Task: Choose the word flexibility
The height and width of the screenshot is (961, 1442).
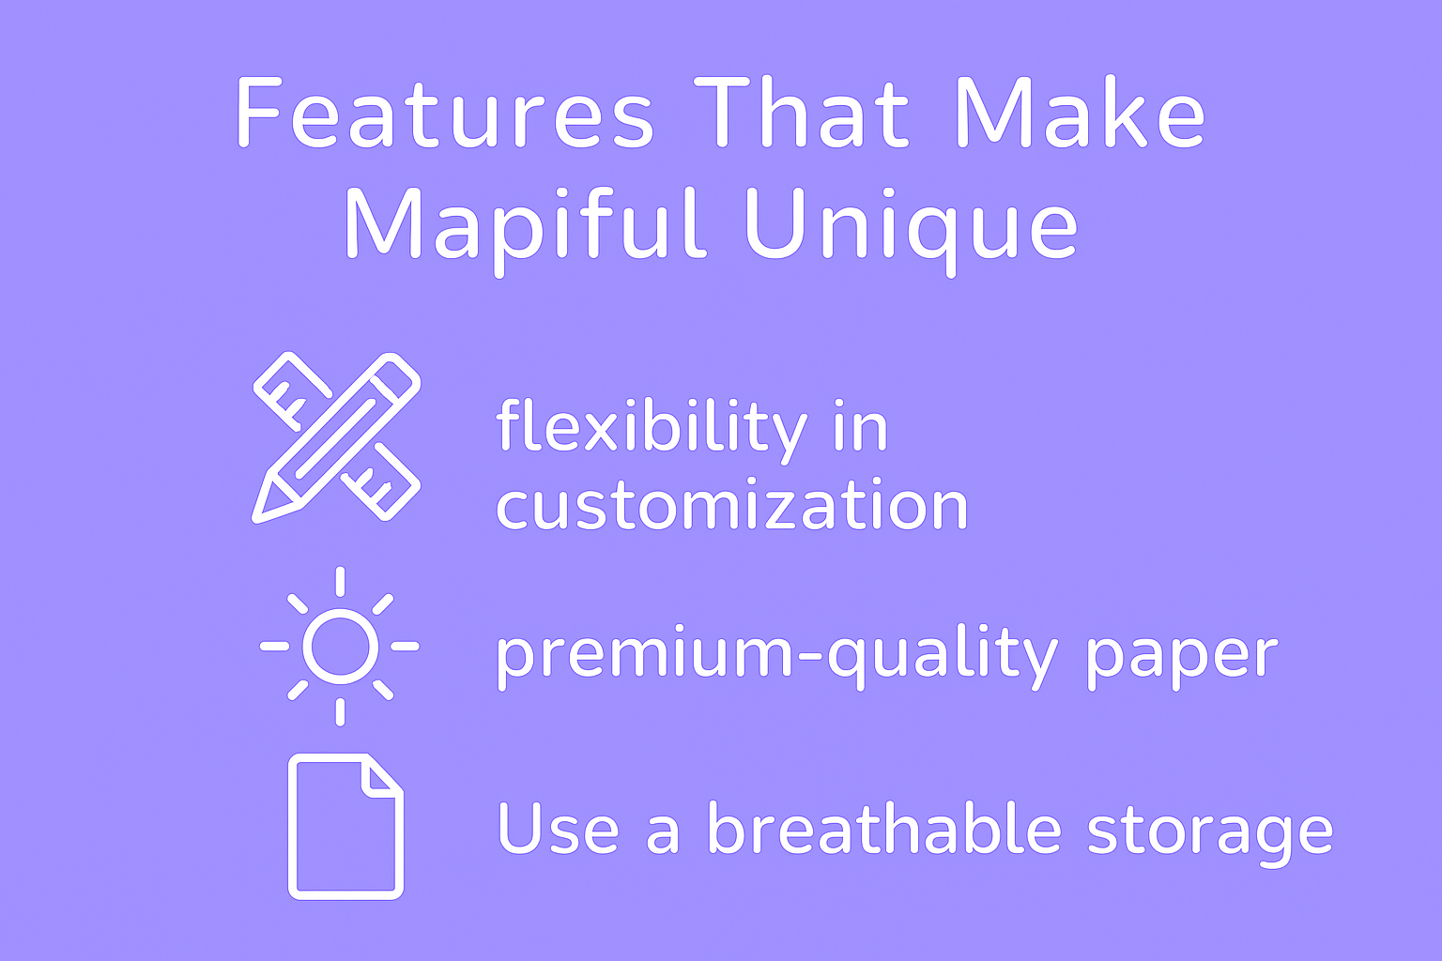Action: [652, 430]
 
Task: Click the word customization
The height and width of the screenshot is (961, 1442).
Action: [732, 505]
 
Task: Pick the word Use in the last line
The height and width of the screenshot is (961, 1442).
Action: [559, 828]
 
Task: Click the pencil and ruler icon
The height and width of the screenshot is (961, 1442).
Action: [336, 437]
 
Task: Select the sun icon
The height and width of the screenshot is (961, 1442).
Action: [340, 647]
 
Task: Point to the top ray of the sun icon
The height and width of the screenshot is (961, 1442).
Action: [340, 582]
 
